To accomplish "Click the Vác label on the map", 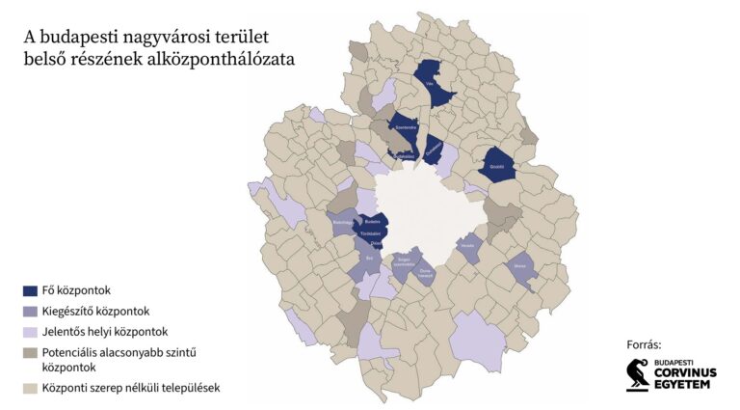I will (431, 84).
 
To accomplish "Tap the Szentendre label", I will (405, 127).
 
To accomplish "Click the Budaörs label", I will (372, 222).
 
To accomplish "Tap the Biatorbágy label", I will (344, 223).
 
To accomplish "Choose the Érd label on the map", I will (368, 258).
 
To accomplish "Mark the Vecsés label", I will (469, 245).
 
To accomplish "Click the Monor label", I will (519, 265).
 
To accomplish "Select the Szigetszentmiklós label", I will (406, 260).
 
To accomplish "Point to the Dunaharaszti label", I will (424, 272).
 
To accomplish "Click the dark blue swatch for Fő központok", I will (30, 289).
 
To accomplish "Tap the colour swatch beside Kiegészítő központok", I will (30, 312).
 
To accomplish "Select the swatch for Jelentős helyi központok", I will (30, 333).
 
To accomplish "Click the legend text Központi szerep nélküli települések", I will (132, 388).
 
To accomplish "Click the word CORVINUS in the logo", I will (685, 372).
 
